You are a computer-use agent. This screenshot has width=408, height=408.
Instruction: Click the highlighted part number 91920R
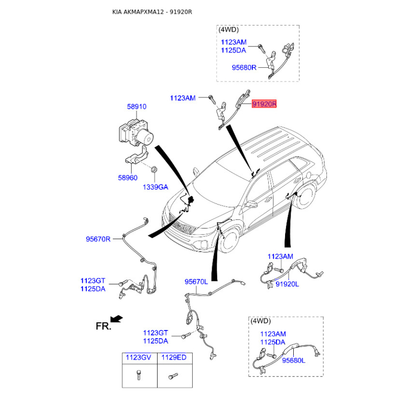(x=264, y=104)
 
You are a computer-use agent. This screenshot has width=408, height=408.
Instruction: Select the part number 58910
(x=137, y=107)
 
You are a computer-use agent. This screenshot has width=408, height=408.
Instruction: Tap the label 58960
(x=128, y=177)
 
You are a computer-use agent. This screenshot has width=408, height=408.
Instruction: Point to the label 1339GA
(x=156, y=187)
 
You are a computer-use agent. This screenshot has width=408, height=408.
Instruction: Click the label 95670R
(x=98, y=239)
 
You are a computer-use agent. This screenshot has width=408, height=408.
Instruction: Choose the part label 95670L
(x=196, y=282)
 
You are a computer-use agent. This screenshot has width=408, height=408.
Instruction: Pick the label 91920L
(x=287, y=284)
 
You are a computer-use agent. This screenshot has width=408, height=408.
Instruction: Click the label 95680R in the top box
(x=244, y=67)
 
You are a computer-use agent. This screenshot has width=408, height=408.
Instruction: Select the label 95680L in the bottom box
(x=294, y=361)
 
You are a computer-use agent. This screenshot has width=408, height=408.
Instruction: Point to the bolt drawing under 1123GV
(x=139, y=375)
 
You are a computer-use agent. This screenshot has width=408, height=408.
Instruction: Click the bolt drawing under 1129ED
(x=173, y=376)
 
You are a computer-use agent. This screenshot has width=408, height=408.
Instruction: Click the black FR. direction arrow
(x=116, y=319)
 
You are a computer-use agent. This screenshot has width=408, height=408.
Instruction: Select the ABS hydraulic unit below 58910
(x=136, y=133)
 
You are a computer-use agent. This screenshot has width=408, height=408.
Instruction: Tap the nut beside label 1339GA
(x=154, y=170)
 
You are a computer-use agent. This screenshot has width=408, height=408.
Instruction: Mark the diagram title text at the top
(x=152, y=12)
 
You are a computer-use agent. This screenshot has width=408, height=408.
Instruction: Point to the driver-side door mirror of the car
(x=251, y=205)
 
